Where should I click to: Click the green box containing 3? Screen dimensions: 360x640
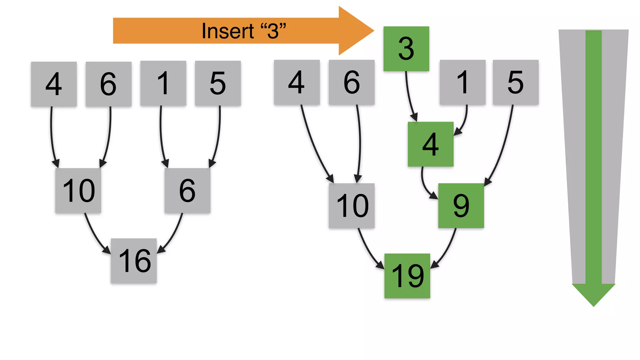(x=406, y=49)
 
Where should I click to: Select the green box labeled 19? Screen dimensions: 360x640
(x=407, y=276)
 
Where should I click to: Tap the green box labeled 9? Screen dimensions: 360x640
(x=461, y=206)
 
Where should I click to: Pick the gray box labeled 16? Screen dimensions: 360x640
(x=134, y=261)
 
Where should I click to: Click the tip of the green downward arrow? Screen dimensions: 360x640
(x=593, y=305)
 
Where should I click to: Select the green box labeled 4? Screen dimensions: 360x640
(x=431, y=144)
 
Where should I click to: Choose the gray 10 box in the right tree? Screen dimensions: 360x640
(x=352, y=206)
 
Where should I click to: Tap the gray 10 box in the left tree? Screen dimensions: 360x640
(x=78, y=191)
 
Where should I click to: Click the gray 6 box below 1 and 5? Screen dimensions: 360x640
(x=187, y=191)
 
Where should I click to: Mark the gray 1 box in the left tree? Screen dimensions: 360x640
(x=163, y=83)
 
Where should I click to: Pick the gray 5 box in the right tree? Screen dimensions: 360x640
(x=516, y=82)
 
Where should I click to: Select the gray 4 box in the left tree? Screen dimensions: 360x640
(x=54, y=84)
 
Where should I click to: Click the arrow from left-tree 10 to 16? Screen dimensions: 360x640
(x=94, y=234)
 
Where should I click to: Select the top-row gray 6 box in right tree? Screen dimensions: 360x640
(x=352, y=82)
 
